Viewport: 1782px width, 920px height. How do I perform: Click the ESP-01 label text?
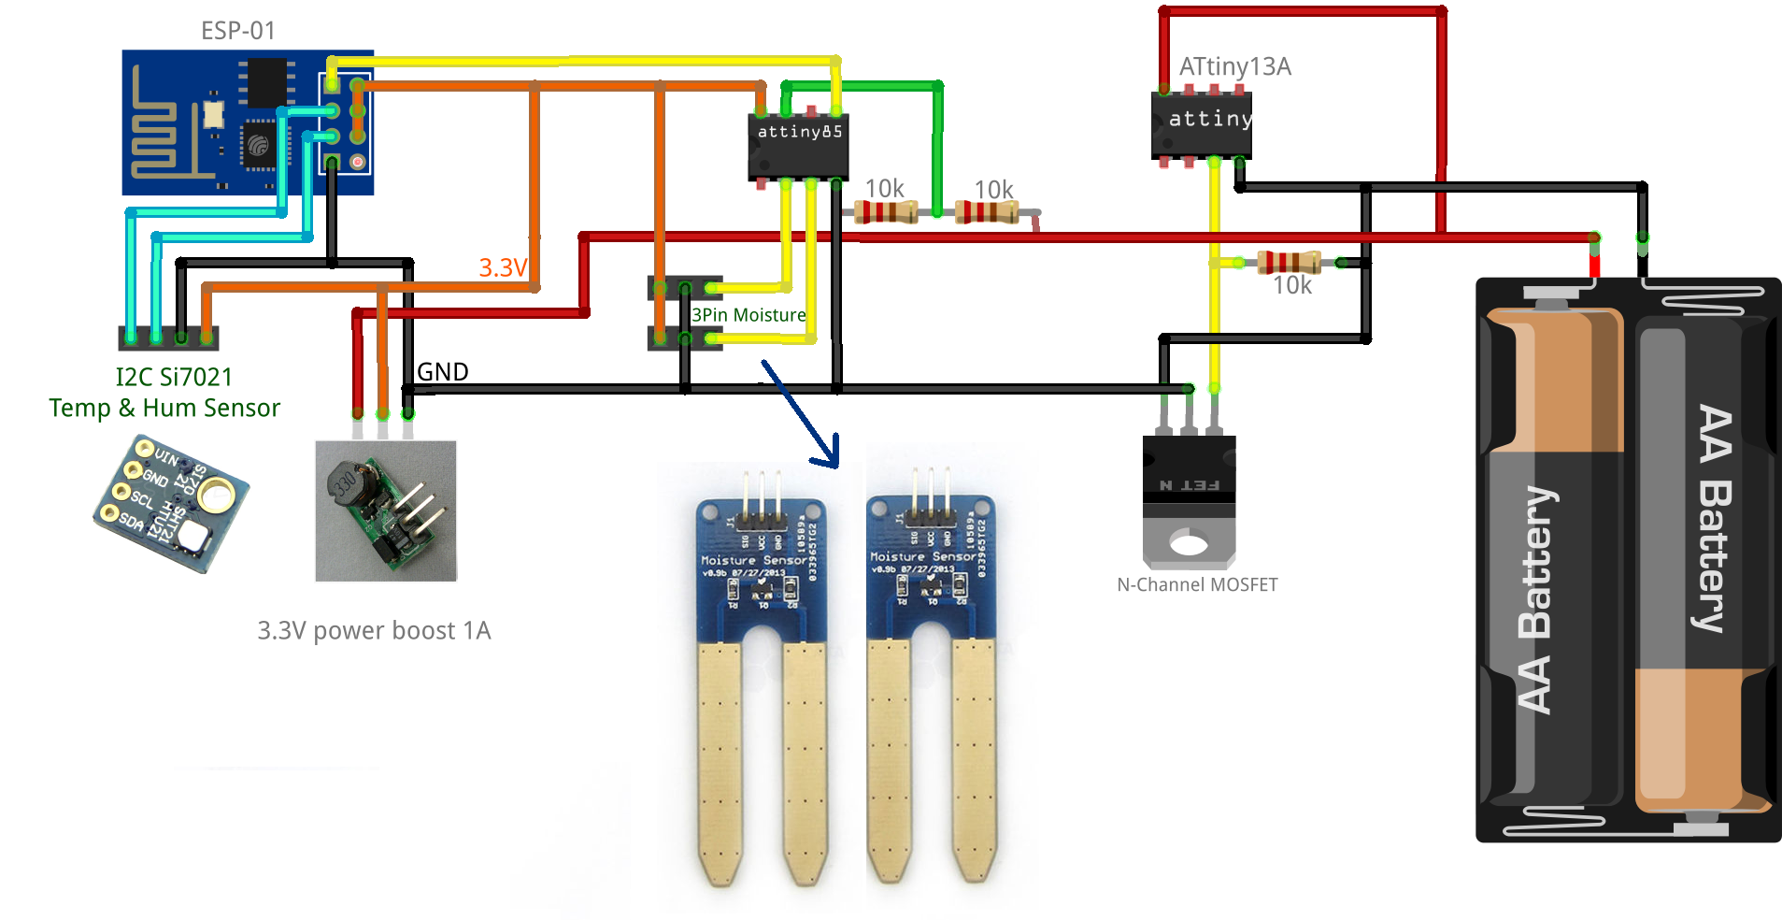click(238, 31)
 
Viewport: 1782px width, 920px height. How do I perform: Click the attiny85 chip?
click(798, 147)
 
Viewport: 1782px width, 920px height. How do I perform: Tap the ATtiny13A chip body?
click(1202, 125)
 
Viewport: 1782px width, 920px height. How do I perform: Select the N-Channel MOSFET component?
click(1189, 500)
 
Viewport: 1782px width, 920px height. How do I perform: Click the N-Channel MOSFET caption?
click(1197, 585)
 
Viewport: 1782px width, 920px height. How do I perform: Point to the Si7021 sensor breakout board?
click(171, 502)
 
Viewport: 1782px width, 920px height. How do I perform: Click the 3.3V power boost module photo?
click(386, 511)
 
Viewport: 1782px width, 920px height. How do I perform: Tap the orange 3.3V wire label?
click(503, 268)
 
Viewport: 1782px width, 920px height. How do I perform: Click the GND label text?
click(442, 372)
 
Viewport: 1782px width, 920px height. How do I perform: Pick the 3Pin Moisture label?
click(748, 316)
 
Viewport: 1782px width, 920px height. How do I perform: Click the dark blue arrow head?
click(828, 455)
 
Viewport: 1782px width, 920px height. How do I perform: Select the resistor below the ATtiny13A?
click(1289, 262)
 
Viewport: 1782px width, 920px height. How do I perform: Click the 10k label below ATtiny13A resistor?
click(1292, 286)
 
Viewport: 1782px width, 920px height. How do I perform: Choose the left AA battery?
click(1551, 561)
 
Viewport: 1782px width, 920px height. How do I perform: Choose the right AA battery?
click(1703, 561)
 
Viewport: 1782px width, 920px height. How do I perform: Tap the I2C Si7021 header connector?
click(168, 338)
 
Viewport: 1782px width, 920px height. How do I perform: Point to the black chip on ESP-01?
click(266, 82)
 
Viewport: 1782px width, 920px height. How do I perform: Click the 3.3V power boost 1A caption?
click(374, 631)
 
